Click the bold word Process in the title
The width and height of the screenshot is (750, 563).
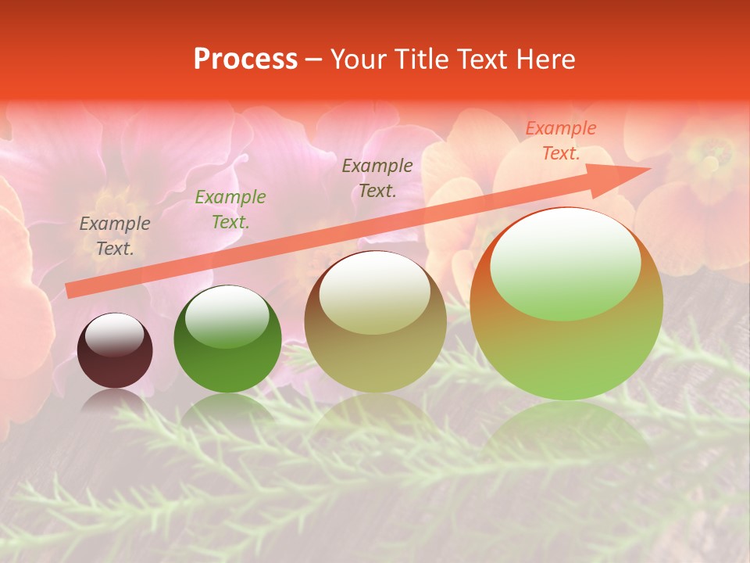pos(245,59)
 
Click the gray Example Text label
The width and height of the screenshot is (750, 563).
pos(115,236)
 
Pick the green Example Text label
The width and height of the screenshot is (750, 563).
pos(230,210)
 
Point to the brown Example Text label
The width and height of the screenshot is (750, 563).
pos(377,178)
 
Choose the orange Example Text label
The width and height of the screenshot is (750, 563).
pos(561,141)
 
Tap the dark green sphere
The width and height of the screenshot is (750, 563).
pos(227,340)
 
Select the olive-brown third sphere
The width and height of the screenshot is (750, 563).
pos(375,322)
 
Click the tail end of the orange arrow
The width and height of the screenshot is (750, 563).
pos(70,291)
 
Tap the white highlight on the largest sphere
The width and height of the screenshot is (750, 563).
pos(565,264)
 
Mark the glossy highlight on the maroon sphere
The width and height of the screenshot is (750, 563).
pos(114,335)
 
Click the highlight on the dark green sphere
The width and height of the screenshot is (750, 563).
pos(227,316)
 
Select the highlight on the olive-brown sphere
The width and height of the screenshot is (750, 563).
pos(374,293)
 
